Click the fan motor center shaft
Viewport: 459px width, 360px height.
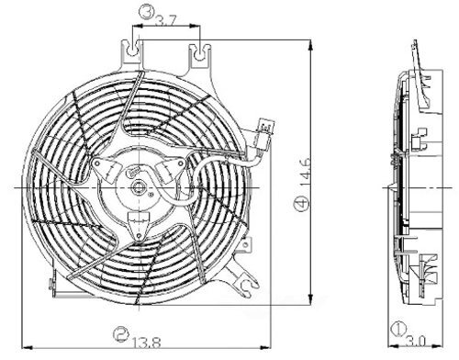(x=139, y=191)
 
